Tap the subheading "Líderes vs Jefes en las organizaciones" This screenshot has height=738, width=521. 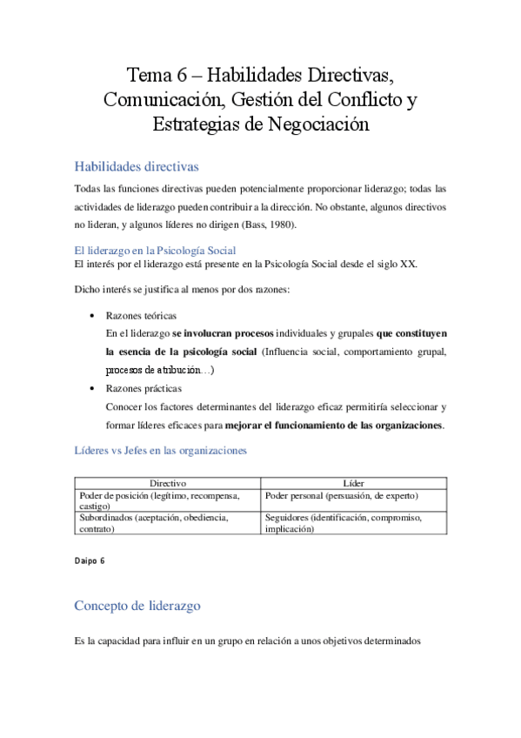pos(161,450)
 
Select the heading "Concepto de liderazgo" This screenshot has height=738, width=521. pos(141,605)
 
